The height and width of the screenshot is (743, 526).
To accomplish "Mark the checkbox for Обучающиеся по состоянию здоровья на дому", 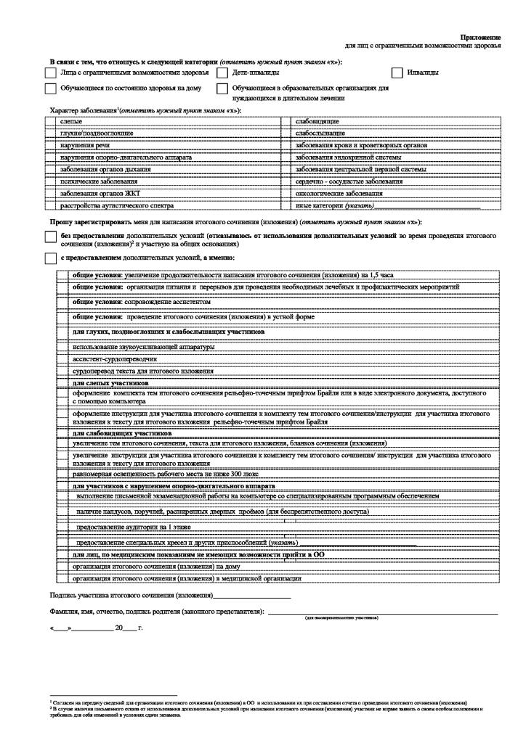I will pos(50,89).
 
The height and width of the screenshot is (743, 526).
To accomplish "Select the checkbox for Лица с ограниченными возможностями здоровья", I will pos(50,73).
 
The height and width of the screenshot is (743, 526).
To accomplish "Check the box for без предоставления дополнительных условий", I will pos(50,237).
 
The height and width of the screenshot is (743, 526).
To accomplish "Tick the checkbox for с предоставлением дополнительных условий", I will pos(50,258).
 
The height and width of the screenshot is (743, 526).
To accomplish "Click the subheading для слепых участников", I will pos(110,382).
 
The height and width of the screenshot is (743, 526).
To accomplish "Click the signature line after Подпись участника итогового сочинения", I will pos(251,596).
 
